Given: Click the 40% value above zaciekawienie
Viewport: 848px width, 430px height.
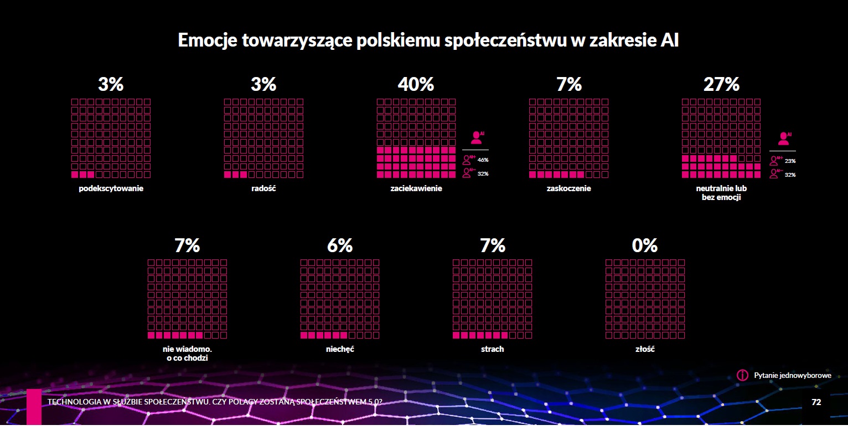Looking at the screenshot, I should point(416,85).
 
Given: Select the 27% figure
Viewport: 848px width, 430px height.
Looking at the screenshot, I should point(721,85).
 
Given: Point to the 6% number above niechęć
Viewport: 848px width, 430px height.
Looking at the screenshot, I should point(340,245).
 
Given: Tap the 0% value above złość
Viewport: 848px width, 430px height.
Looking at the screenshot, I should point(645,245).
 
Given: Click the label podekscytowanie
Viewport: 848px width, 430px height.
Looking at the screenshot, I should point(111,188).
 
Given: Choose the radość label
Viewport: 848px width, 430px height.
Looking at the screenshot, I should point(263,188).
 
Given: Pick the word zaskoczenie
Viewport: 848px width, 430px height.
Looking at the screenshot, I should point(568,188).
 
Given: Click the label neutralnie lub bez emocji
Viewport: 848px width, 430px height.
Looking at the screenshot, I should point(721,192).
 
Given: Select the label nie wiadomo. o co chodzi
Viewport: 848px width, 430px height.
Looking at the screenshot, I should point(187,354).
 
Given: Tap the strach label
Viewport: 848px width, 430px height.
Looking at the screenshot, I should point(492,350).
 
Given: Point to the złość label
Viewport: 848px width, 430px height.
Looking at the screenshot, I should point(645,350).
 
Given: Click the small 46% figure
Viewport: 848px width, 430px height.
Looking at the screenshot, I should point(483,160).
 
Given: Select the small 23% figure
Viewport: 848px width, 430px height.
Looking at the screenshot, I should point(790,161).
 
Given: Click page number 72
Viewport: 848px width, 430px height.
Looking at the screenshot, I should point(816,402).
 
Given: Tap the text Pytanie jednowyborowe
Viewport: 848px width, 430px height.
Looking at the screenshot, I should point(792,376).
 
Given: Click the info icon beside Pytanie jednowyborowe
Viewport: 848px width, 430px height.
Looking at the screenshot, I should point(743,375).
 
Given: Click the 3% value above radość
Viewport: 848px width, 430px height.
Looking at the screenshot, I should point(263,85).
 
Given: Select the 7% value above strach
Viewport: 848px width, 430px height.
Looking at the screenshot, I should point(493,245).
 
